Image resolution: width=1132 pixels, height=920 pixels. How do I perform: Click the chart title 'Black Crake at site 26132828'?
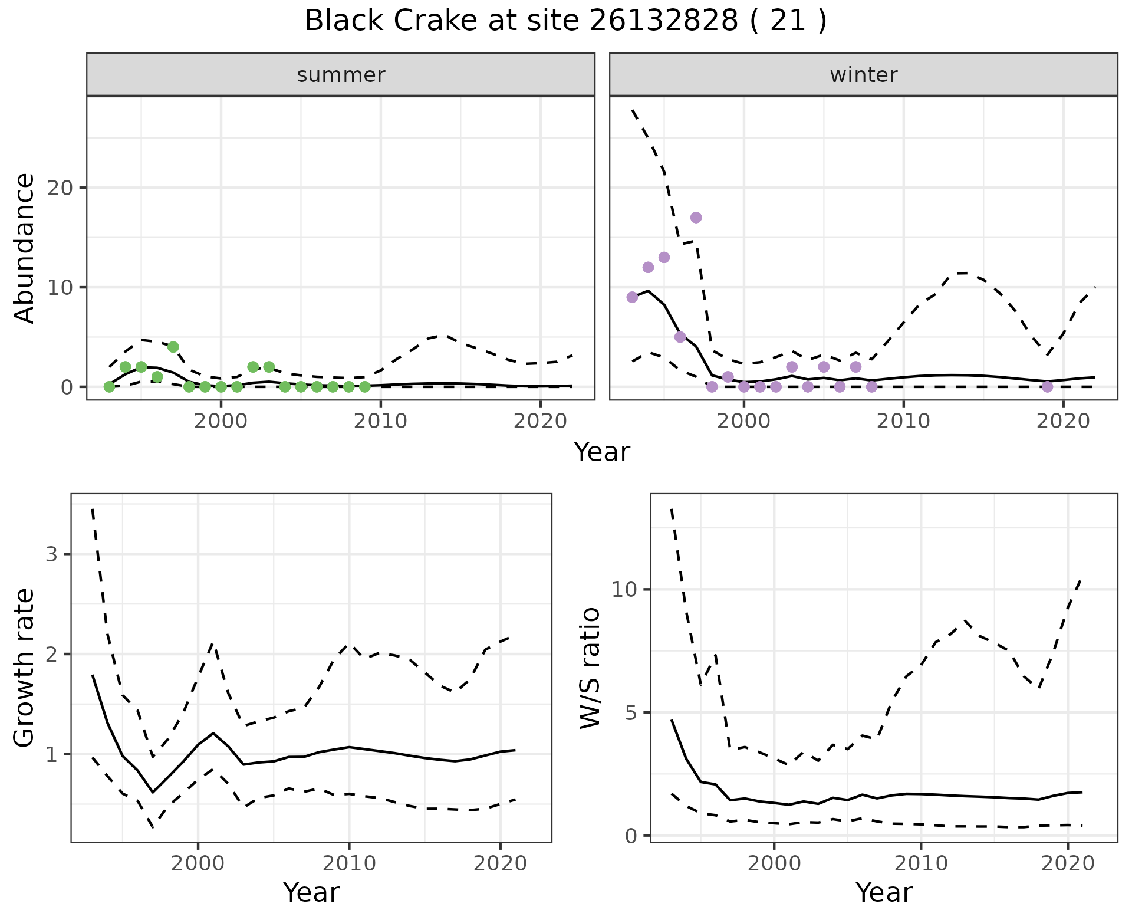tap(565, 21)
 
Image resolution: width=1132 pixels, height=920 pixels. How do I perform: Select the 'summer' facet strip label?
tap(341, 75)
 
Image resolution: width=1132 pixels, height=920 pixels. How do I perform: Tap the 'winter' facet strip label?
tap(863, 75)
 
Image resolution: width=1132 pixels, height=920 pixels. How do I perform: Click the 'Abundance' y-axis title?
tap(24, 248)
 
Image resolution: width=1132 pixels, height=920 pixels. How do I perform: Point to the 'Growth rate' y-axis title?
tap(24, 668)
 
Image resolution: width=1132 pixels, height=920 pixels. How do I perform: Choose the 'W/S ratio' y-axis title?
tap(590, 668)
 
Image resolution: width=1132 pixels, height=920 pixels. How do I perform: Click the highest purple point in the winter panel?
tap(696, 218)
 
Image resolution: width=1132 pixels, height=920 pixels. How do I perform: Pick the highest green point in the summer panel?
tap(173, 347)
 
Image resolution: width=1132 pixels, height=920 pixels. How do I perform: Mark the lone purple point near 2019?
tap(1047, 387)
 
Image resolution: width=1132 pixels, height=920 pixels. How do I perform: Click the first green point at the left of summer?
tap(109, 387)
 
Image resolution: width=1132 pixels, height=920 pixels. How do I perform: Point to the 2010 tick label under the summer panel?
tap(380, 421)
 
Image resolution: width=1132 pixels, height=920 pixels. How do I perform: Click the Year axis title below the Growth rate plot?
tap(311, 893)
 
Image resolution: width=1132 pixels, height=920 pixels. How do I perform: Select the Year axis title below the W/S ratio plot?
tap(884, 893)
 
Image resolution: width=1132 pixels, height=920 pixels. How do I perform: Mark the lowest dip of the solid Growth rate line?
tap(153, 792)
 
